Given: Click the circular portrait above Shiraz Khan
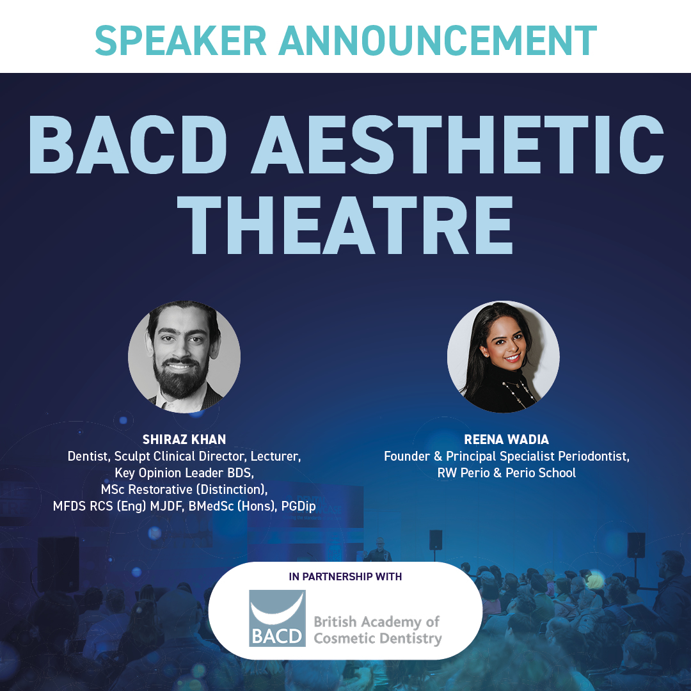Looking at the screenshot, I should coord(184,356).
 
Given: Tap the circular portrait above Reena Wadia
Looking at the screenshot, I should coord(503,356).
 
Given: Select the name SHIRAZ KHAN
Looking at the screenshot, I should coord(184,440).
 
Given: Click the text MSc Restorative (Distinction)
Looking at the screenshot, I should coord(184,489).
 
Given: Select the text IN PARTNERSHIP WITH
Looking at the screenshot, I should coord(345,576).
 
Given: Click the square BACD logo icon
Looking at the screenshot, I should coord(277,618).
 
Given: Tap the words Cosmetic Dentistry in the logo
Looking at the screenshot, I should coord(377,638).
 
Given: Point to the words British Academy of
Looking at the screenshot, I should coord(376,621).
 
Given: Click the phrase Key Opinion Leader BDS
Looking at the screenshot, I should coord(184,473).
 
